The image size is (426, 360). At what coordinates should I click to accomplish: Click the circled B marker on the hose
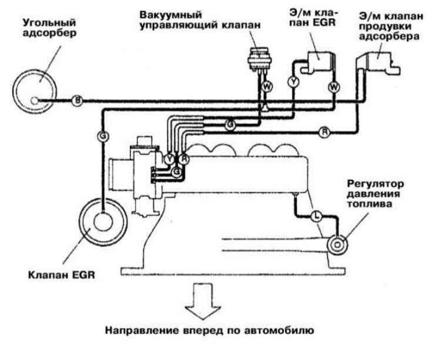click(x=78, y=101)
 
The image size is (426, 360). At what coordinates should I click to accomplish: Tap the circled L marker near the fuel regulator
click(x=316, y=216)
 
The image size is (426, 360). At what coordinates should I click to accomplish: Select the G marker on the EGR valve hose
click(x=103, y=136)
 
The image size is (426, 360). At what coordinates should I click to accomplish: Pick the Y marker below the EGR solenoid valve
click(x=293, y=82)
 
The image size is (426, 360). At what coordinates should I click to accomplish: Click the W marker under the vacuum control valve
click(x=267, y=87)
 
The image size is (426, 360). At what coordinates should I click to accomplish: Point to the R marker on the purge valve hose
click(x=324, y=132)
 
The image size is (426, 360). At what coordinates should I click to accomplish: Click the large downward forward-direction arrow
click(x=203, y=301)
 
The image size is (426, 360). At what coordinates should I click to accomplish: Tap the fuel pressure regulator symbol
click(x=337, y=245)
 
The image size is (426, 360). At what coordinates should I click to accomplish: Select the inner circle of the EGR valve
click(x=103, y=222)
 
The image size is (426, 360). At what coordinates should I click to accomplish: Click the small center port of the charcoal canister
click(x=35, y=101)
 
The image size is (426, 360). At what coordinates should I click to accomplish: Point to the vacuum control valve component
click(x=260, y=59)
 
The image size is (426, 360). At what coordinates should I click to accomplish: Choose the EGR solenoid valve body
click(x=319, y=62)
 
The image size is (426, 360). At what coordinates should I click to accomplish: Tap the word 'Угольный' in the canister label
click(x=49, y=22)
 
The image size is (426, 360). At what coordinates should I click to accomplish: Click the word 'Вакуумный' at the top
click(x=171, y=14)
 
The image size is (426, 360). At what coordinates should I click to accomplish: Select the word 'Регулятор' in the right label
click(x=375, y=184)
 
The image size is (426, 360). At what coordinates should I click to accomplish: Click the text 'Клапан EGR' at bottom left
click(x=62, y=275)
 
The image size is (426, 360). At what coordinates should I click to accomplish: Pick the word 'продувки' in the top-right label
click(x=385, y=26)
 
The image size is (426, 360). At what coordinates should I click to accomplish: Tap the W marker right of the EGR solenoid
click(x=334, y=87)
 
